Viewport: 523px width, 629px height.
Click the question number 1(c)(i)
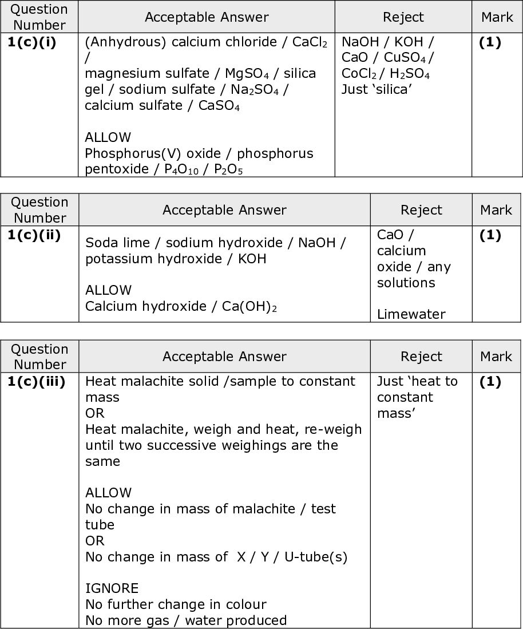click(x=32, y=43)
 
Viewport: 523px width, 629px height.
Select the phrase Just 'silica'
click(x=377, y=89)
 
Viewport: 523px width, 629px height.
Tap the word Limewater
click(x=411, y=314)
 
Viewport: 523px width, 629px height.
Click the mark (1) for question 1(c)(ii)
click(x=489, y=235)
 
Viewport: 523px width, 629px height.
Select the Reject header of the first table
click(x=403, y=17)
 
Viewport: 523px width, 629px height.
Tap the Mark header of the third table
click(x=496, y=357)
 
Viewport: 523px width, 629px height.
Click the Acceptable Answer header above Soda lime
click(x=224, y=210)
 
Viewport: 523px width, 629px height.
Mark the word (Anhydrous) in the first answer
click(x=119, y=42)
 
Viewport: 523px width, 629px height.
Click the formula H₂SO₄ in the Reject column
click(x=410, y=74)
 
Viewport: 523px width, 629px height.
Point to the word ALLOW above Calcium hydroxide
click(x=108, y=290)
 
